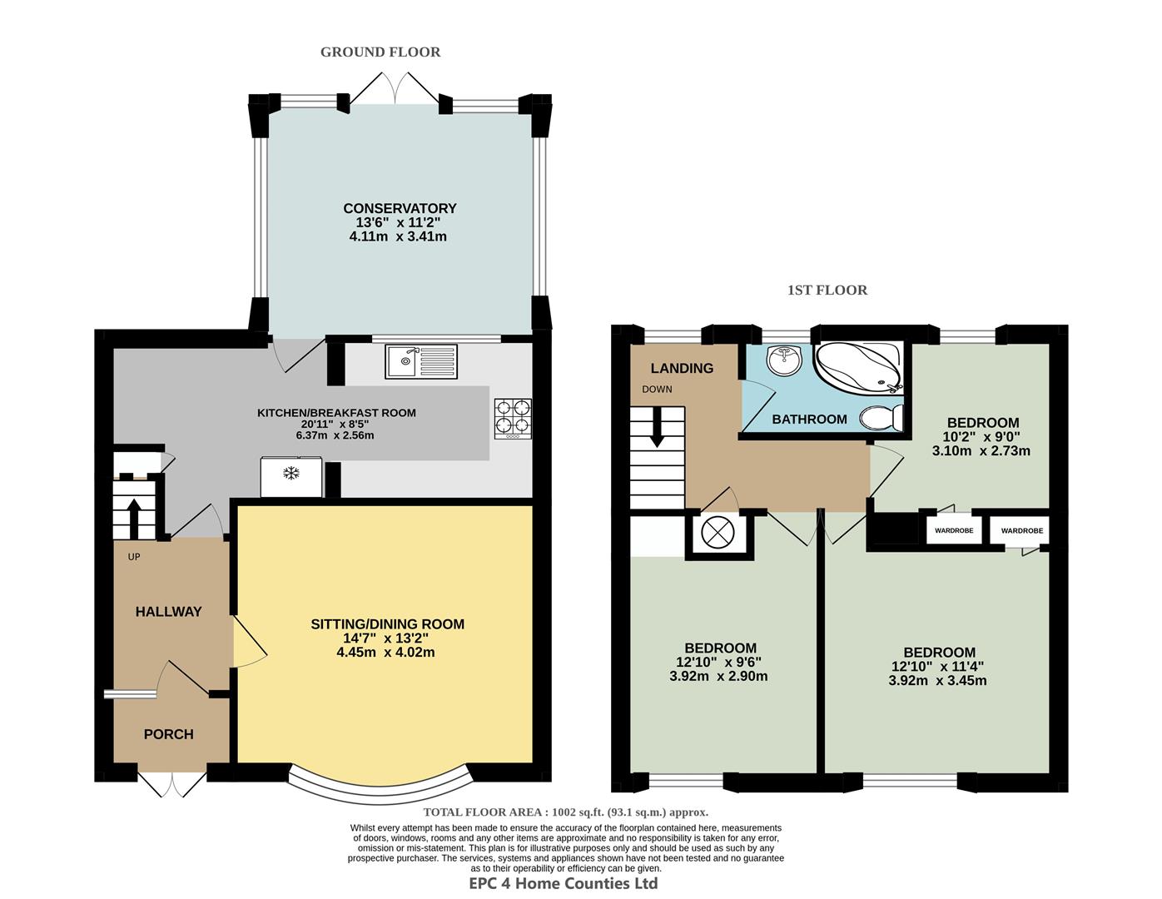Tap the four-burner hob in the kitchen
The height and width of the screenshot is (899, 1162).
coord(513,419)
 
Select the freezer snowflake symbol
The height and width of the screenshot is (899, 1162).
coord(290,474)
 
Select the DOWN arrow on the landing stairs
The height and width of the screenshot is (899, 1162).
coord(657,429)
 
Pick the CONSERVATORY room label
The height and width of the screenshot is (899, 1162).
coord(400,208)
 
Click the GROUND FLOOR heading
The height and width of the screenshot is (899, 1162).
coord(380,52)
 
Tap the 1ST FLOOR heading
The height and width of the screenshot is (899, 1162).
coord(827,291)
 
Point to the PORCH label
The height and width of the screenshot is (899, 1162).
coord(168,734)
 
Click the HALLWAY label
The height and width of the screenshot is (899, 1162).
coord(169,612)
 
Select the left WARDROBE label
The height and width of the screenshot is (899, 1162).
coord(953,530)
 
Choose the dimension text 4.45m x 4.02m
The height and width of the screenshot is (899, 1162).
coord(385,653)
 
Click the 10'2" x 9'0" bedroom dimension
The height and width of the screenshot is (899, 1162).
coord(981,437)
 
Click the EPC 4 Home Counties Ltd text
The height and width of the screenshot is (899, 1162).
coord(564,884)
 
